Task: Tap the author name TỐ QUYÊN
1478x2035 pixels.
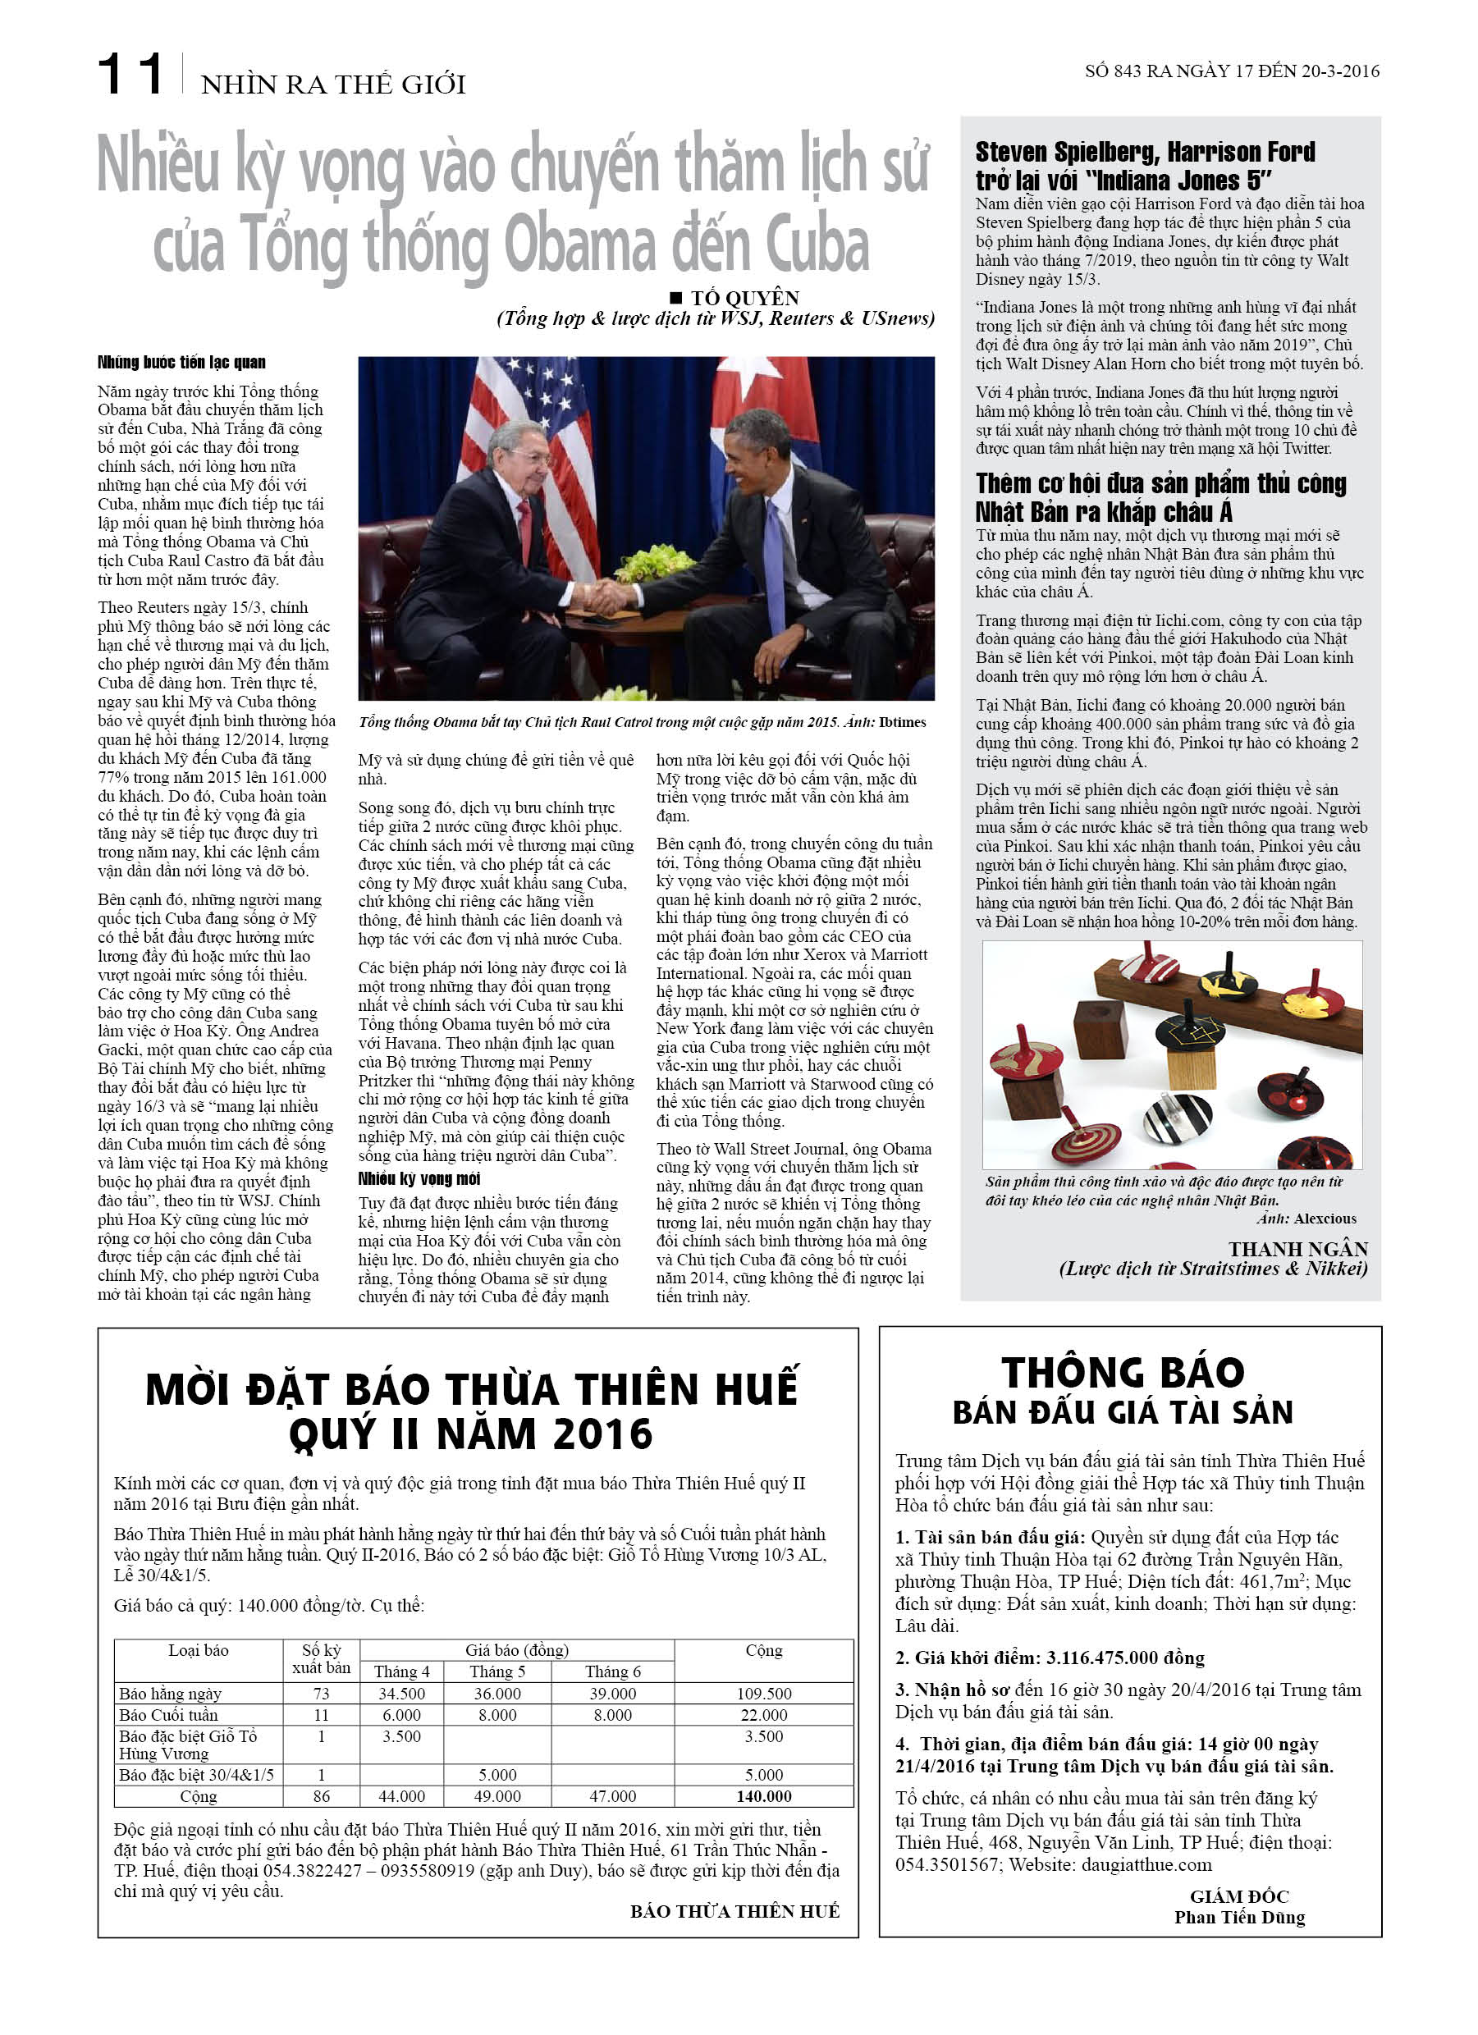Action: (744, 298)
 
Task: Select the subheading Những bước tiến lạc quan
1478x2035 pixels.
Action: (181, 363)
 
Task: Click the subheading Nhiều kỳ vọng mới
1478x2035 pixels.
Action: (419, 1179)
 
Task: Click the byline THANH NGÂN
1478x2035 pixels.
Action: (1297, 1249)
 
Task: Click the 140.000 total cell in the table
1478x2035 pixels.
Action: (764, 1796)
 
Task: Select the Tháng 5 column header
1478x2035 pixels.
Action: (497, 1671)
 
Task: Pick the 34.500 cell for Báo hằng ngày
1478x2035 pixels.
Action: (401, 1694)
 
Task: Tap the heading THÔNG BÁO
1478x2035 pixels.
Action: (1123, 1373)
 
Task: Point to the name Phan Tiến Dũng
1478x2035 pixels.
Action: (1239, 1918)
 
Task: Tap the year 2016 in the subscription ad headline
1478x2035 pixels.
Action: (602, 1434)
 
